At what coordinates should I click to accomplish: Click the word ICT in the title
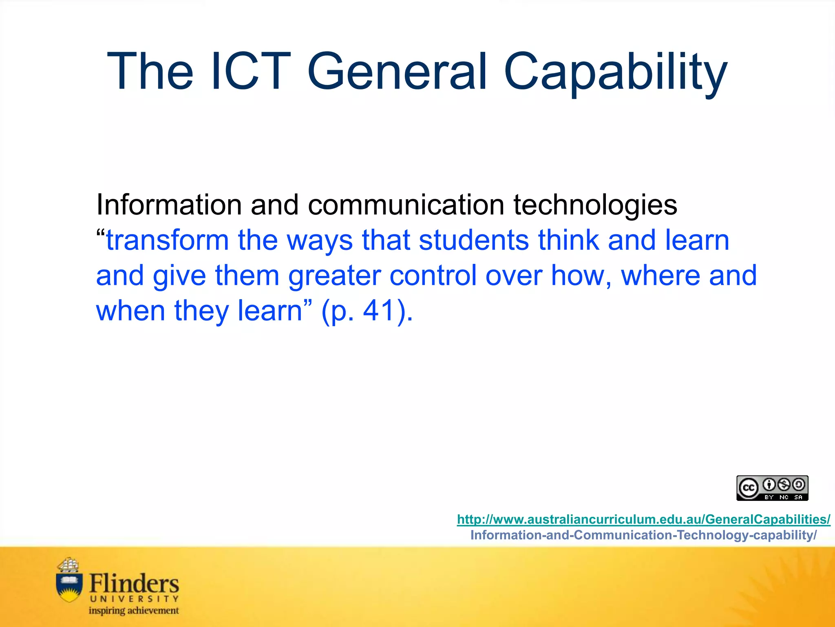tap(250, 71)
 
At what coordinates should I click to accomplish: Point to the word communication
tap(406, 205)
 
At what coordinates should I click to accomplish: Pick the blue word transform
tap(167, 240)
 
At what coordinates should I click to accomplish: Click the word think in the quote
tap(568, 240)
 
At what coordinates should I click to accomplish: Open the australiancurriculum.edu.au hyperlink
tap(643, 519)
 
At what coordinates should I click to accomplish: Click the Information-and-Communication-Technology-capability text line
tap(643, 535)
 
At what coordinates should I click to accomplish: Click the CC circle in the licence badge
tap(749, 488)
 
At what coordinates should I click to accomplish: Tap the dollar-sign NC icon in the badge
tap(784, 485)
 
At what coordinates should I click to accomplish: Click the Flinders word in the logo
tap(134, 584)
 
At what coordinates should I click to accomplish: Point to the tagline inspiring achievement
tap(134, 611)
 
